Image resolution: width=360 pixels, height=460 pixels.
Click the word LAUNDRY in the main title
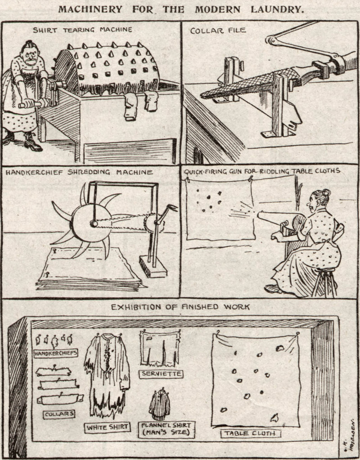pos(277,9)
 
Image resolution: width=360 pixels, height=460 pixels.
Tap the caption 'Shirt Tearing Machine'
pos(82,30)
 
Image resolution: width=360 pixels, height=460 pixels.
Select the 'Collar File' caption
pos(218,31)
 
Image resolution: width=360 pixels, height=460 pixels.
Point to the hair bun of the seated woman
pos(326,193)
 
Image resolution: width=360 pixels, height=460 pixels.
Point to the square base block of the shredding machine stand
pos(153,266)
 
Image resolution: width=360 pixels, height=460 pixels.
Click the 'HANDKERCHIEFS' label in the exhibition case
pos(56,353)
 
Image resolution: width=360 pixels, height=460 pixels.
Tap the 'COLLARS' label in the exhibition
pos(59,414)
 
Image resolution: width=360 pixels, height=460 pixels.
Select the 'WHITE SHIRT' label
pos(108,427)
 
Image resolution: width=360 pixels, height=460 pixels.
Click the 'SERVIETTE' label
pos(161,374)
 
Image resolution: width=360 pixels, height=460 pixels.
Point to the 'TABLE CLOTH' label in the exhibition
pos(251,433)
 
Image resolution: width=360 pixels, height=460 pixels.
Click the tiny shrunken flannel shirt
pos(160,404)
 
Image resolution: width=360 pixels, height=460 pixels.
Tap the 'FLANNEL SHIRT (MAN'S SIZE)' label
pos(166,429)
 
